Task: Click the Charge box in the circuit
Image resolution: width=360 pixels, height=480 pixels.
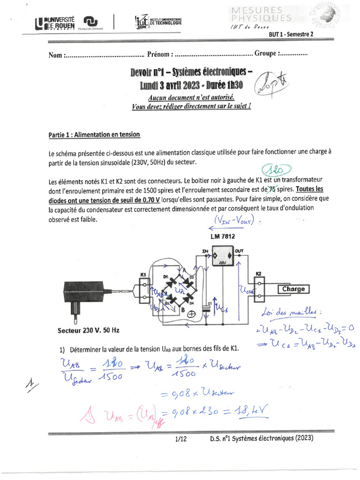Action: pyautogui.click(x=293, y=289)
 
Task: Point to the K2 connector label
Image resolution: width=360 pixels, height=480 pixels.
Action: pyautogui.click(x=258, y=273)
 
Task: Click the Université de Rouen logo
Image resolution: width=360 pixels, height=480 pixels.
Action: pyautogui.click(x=55, y=22)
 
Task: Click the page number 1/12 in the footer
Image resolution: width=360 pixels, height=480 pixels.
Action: pyautogui.click(x=180, y=439)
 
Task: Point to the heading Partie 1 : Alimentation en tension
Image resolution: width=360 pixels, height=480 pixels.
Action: pyautogui.click(x=94, y=135)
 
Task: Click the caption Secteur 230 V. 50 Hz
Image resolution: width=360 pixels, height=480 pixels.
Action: pyautogui.click(x=89, y=330)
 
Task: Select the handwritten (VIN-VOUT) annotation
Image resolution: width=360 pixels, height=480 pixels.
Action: pyautogui.click(x=234, y=220)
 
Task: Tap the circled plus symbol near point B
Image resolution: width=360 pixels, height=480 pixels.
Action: pyautogui.click(x=191, y=315)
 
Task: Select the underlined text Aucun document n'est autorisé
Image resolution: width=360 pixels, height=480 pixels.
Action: pyautogui.click(x=191, y=97)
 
